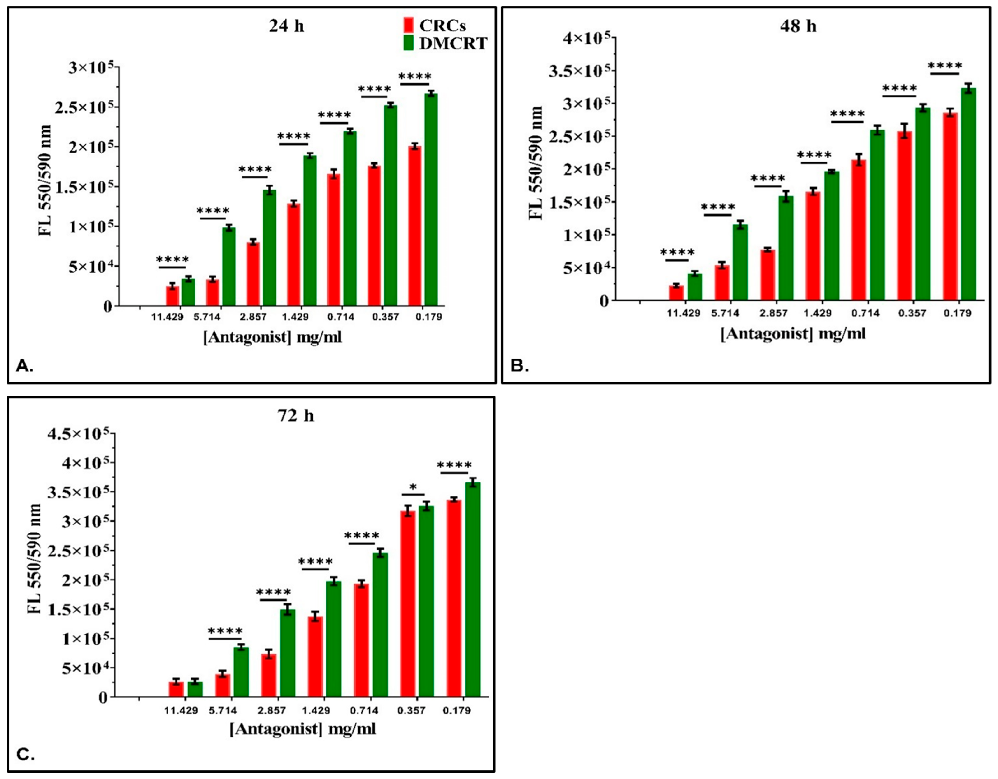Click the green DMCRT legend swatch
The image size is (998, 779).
coord(409,43)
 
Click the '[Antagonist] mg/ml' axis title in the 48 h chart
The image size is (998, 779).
coord(793,334)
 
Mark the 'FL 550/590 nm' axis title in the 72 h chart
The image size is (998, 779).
coord(34,559)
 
